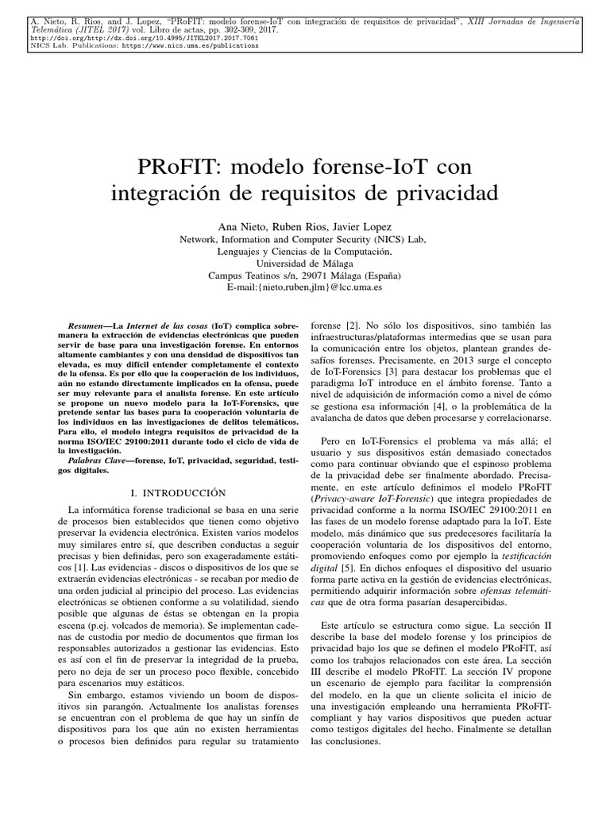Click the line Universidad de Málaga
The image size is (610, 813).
pos(305,263)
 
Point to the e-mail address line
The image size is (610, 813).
pos(305,287)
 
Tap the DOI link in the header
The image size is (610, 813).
pos(144,37)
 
